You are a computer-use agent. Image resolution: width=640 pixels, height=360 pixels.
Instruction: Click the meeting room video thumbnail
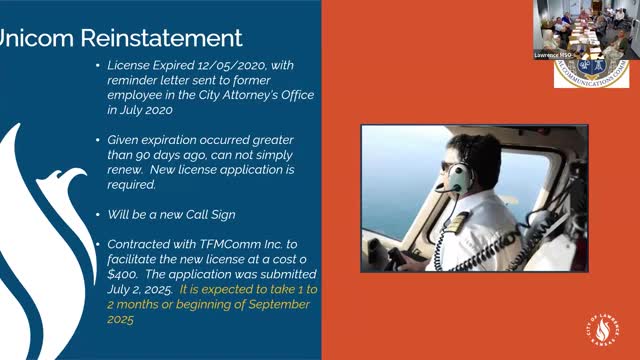(x=580, y=25)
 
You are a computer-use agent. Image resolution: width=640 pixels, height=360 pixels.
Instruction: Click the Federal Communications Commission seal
(x=591, y=68)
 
